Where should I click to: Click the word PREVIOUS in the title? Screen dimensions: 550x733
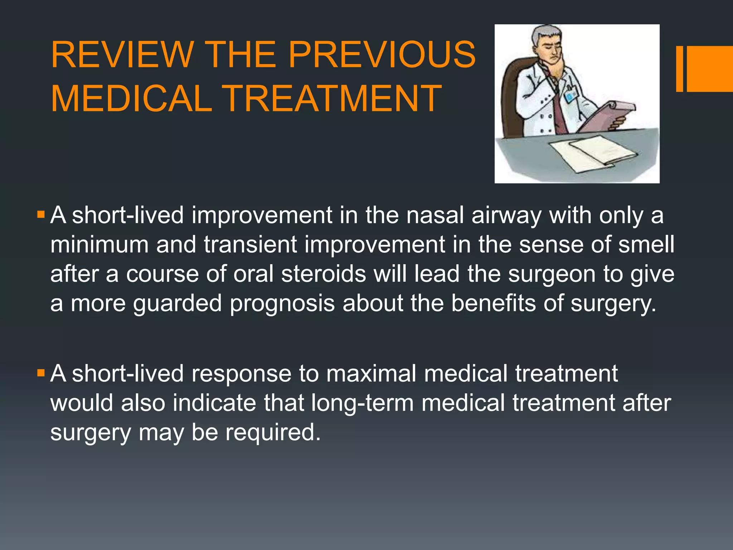click(x=382, y=54)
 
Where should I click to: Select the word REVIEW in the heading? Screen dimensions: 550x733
click(x=122, y=54)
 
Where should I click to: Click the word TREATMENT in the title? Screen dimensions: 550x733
click(x=333, y=98)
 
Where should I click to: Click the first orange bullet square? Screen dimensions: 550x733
click(x=41, y=215)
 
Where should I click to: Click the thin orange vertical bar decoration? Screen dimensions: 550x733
click(x=679, y=69)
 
